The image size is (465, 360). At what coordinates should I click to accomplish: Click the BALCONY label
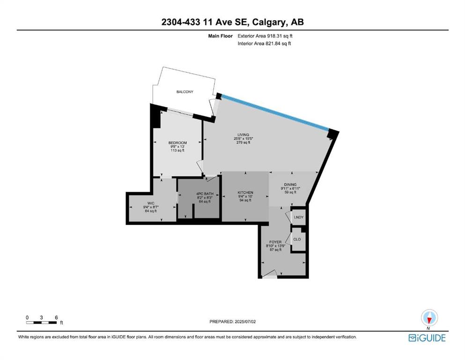185,92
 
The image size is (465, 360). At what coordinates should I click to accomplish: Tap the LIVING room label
243,135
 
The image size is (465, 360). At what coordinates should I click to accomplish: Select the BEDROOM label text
177,143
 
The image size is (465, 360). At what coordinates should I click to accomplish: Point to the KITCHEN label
245,193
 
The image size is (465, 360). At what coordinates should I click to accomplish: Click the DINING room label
290,185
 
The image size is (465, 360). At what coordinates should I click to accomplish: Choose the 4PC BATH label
205,194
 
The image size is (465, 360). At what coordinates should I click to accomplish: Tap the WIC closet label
151,203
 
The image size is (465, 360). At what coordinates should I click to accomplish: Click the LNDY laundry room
298,217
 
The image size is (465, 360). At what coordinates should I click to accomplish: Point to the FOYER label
275,242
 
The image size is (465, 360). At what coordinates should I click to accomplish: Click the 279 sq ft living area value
243,142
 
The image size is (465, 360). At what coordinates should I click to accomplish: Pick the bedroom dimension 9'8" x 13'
177,147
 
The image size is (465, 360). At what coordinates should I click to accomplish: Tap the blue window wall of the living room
275,112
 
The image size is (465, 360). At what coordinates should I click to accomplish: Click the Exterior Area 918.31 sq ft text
265,36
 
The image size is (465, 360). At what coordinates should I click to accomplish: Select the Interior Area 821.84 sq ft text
264,43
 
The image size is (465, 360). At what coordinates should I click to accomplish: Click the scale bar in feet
42,322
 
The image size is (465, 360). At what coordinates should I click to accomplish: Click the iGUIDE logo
427,338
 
